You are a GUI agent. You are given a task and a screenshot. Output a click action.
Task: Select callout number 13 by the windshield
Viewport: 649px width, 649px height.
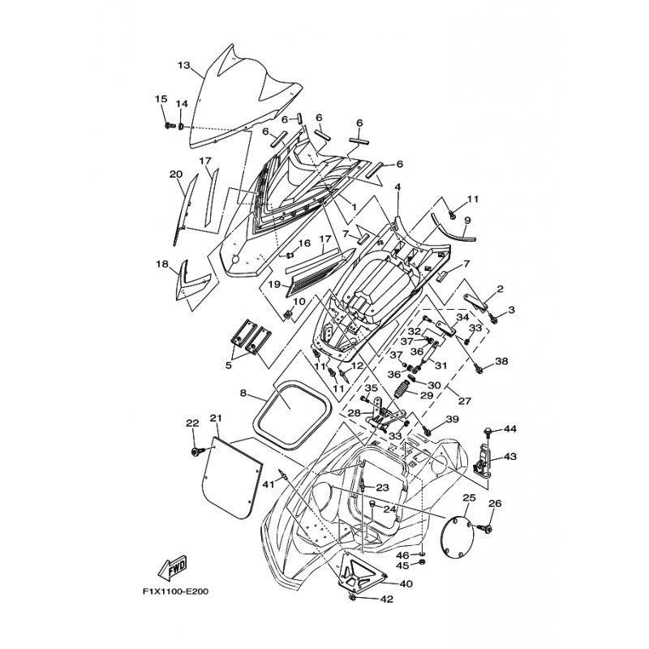click(183, 65)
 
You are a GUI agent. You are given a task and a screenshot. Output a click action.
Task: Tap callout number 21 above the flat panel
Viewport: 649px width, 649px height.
click(215, 419)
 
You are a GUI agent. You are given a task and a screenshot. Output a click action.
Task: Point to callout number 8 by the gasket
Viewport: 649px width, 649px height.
click(243, 393)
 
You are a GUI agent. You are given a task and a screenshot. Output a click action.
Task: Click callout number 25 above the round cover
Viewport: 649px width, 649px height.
click(469, 497)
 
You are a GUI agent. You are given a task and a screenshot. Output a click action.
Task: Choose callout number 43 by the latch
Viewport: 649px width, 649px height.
click(510, 457)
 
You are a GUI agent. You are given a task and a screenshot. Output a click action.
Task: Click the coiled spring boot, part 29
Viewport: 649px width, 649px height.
click(402, 394)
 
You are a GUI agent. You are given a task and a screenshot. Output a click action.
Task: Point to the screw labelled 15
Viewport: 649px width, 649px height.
click(168, 127)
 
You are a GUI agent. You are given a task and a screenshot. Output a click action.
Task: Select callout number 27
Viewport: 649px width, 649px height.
click(465, 401)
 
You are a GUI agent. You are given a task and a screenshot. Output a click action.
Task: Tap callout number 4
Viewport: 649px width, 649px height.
click(398, 187)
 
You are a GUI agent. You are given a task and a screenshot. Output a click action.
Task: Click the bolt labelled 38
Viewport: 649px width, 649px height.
click(479, 369)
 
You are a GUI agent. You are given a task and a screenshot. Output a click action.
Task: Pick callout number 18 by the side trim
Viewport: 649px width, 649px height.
click(161, 264)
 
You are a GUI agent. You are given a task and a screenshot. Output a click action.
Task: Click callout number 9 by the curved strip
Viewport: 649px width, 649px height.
click(467, 220)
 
